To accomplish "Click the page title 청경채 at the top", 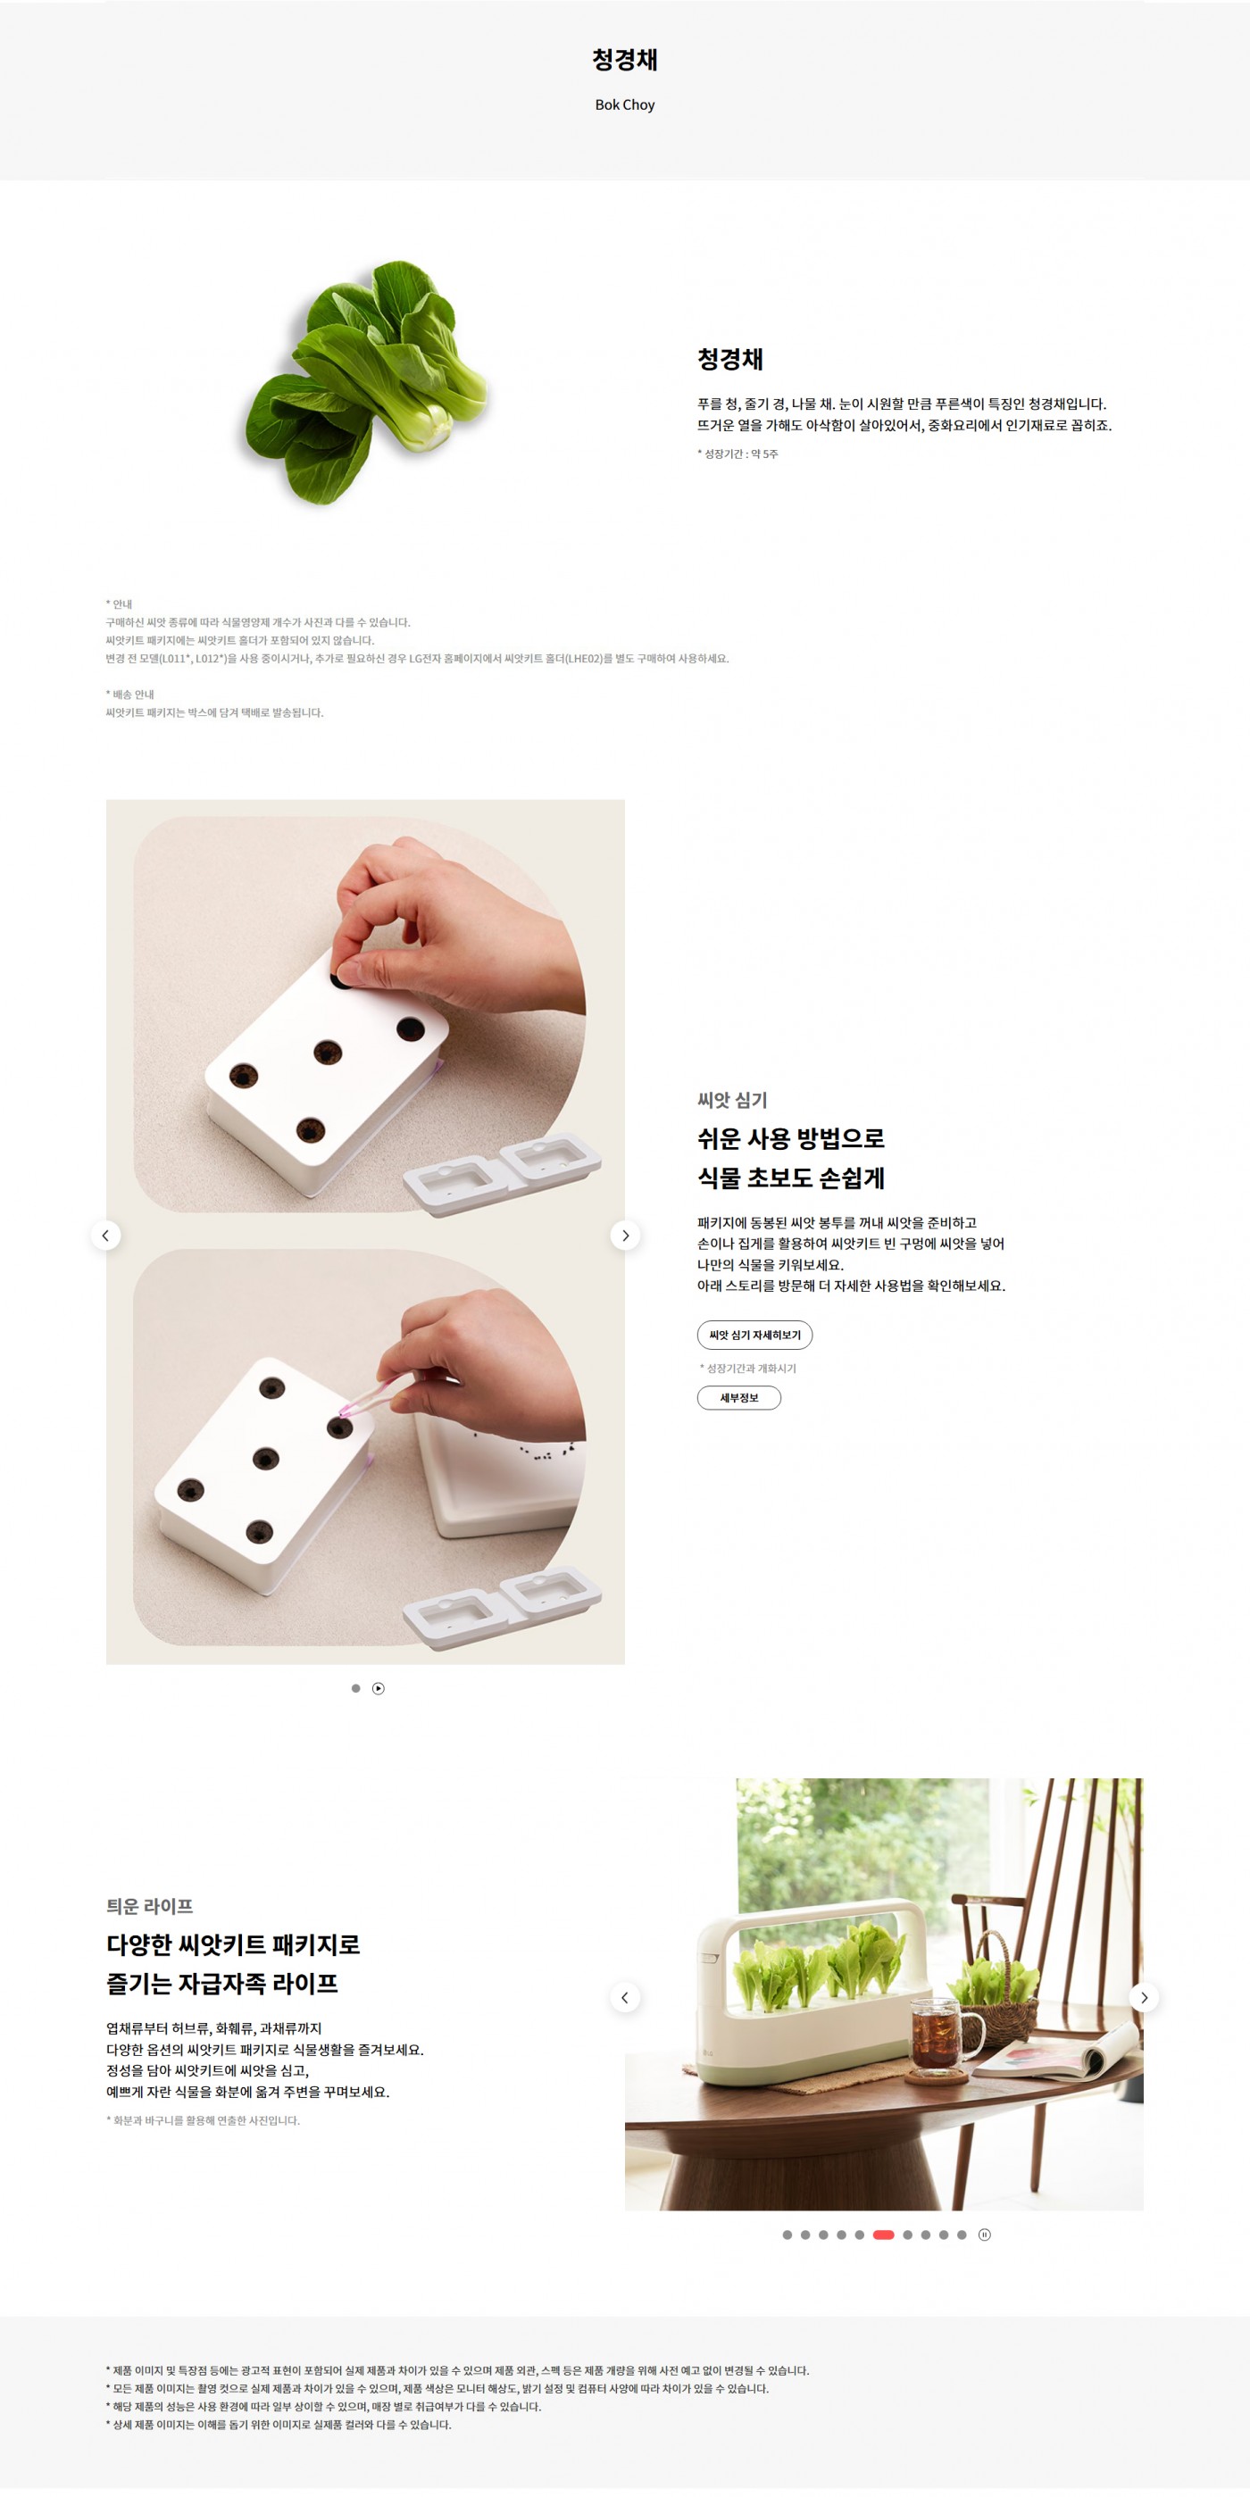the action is pos(624,60).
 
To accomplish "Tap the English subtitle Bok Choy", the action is pos(624,104).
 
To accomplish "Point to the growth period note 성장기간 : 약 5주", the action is pos(738,454).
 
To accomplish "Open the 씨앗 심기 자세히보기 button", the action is pos(754,1335).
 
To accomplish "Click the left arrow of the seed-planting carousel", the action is pos(105,1235).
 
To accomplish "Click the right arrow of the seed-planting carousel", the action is pos(626,1235).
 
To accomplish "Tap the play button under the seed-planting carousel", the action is pos(379,1687).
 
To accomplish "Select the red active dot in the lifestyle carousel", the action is pos(883,2235).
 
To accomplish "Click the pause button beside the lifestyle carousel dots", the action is pos(984,2235).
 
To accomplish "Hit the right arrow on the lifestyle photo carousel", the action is pos(1145,1997).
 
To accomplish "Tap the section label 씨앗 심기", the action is pos(732,1100).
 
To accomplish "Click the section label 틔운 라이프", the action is pos(149,1906).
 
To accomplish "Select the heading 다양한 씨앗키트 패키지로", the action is pos(233,1943).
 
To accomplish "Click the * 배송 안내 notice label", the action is pos(130,694).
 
